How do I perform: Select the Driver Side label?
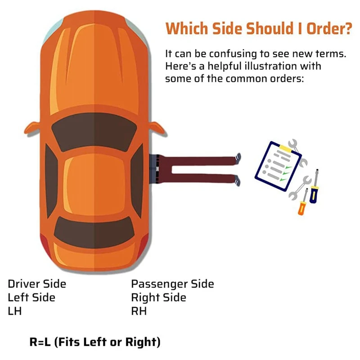click(x=37, y=284)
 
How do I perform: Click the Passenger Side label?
click(x=172, y=284)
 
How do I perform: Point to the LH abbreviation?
click(x=14, y=311)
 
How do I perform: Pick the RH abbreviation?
click(x=139, y=311)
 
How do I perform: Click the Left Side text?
click(x=31, y=297)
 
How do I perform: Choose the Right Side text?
click(x=158, y=297)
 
